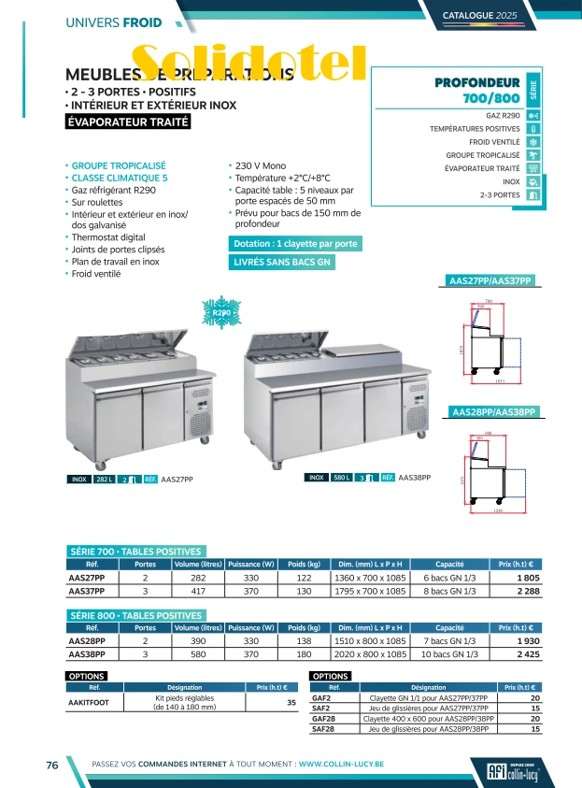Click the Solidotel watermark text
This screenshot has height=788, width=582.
[248, 64]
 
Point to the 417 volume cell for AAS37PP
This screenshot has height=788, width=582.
[197, 591]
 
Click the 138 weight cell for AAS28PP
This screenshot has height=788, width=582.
[304, 642]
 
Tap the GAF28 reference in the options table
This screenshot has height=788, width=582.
[321, 719]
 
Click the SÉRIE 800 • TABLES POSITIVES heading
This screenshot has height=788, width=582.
[135, 616]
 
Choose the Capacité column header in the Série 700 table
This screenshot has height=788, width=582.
[449, 565]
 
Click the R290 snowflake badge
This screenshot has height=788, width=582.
[221, 313]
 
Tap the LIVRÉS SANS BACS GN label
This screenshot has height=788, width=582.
[281, 263]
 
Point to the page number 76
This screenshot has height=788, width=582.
[52, 765]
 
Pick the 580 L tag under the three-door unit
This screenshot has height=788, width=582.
[341, 478]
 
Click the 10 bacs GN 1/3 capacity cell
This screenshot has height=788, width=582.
[449, 654]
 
